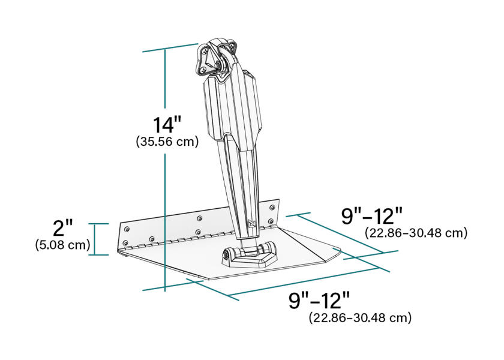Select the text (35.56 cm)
[x=167, y=142]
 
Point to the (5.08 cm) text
[x=62, y=245]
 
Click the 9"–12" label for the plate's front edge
[x=319, y=301]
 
